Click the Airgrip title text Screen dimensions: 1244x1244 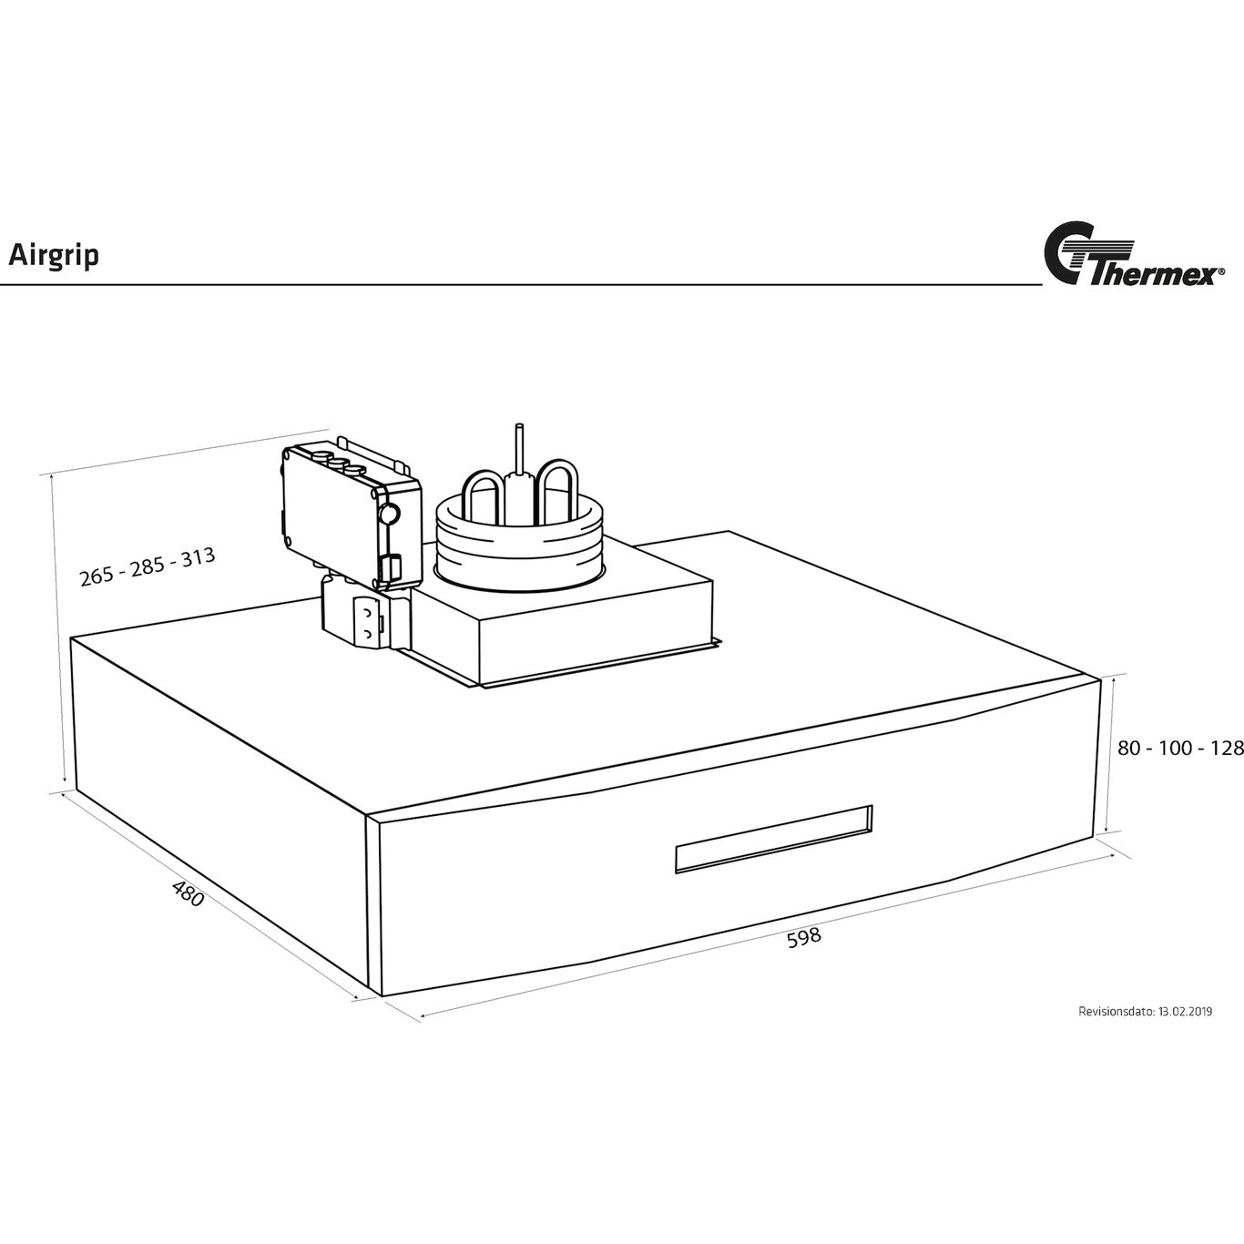tap(54, 256)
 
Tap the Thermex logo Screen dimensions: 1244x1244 tap(1134, 262)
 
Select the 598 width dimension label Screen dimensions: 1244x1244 tap(804, 937)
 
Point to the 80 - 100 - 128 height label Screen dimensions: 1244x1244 tap(1180, 749)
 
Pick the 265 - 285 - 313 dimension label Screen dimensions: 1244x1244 tap(148, 566)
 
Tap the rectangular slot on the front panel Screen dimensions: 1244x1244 tap(773, 840)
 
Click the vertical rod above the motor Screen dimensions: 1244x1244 tap(517, 451)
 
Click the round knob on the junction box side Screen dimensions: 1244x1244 tap(389, 514)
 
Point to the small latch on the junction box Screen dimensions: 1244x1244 tap(392, 569)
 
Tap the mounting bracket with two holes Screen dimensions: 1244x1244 tap(367, 622)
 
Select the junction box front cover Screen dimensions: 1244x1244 tap(329, 517)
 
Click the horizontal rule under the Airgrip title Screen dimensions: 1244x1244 tap(521, 284)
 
